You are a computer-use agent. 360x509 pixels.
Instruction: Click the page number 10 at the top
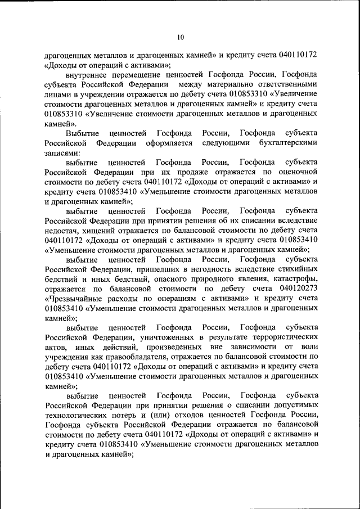pos(180,38)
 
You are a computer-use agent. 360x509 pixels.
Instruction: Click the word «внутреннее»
pos(85,74)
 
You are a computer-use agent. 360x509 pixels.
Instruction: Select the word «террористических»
pos(281,337)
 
